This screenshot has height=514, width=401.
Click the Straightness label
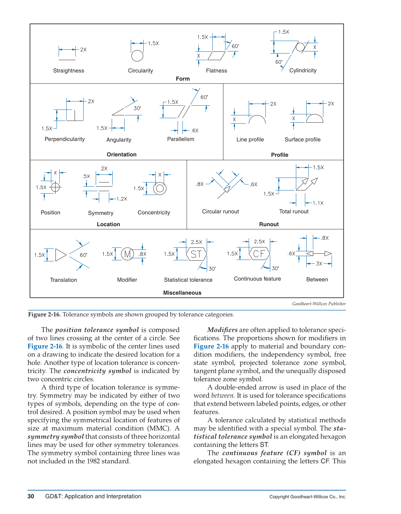[x=68, y=71]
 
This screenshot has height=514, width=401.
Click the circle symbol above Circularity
[x=137, y=56]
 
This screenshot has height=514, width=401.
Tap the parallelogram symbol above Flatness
[x=216, y=56]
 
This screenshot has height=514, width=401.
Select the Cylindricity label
[x=303, y=70]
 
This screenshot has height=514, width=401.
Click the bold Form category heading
[x=182, y=79]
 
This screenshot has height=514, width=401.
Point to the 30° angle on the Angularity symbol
[x=137, y=108]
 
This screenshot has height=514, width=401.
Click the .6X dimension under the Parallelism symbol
[x=195, y=131]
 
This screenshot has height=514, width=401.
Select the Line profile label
[x=250, y=139]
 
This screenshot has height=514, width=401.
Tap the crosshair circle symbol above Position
[x=56, y=187]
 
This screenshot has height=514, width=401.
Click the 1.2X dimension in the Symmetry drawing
[x=121, y=199]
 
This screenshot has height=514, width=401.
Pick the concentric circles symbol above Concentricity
[x=160, y=188]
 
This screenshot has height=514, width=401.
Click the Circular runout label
[x=220, y=211]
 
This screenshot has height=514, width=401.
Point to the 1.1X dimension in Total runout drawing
[x=318, y=203]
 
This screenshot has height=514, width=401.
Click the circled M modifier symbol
[x=127, y=254]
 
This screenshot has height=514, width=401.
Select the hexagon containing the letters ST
[x=196, y=254]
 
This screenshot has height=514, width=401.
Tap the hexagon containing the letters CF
[x=259, y=254]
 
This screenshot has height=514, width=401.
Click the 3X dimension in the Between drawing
[x=319, y=263]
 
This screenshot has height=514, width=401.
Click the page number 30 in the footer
[x=31, y=496]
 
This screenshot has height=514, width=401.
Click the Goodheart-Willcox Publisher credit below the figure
[x=319, y=304]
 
